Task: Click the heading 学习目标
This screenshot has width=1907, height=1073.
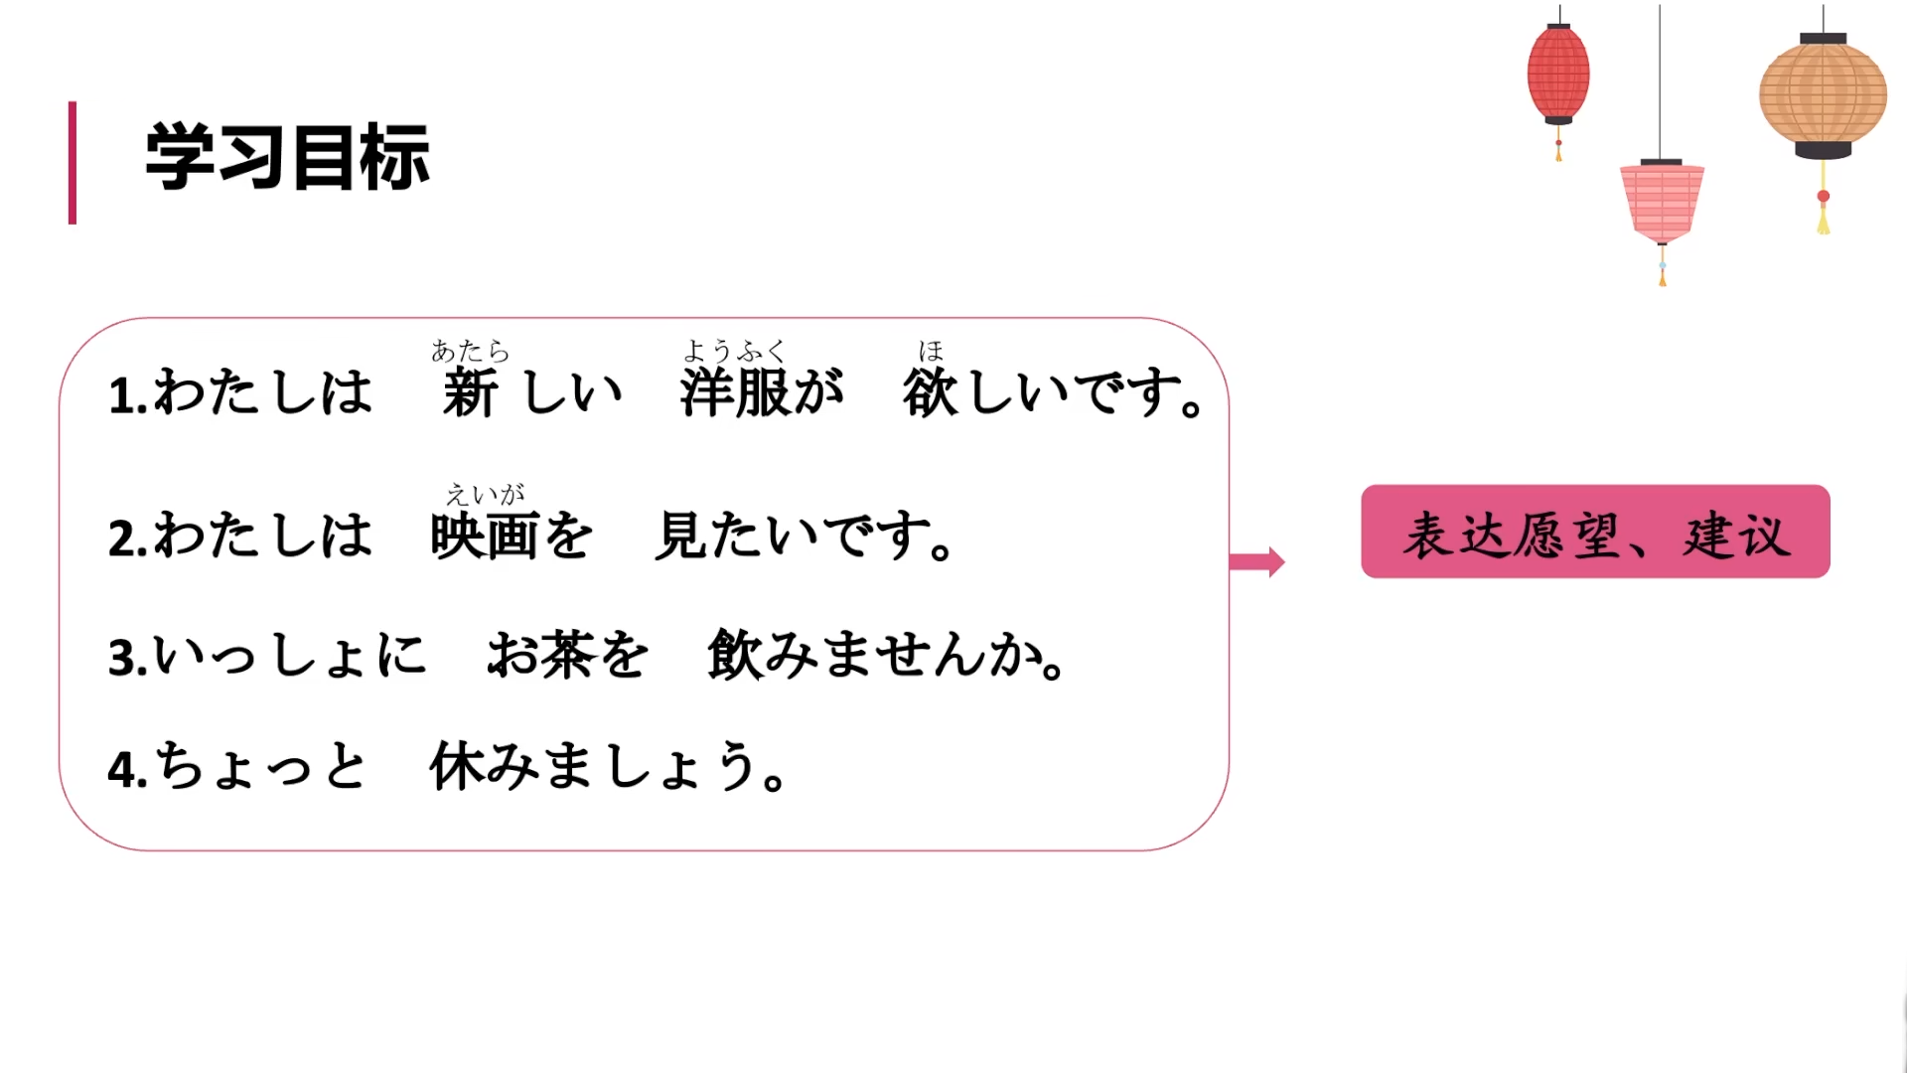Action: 287,157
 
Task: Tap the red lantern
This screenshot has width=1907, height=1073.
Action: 1557,75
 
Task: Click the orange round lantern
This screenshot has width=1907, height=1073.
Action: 1823,94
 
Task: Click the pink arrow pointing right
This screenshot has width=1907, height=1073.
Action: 1257,561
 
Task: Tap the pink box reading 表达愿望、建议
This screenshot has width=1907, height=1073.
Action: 1595,533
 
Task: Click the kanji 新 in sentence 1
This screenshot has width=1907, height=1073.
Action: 471,392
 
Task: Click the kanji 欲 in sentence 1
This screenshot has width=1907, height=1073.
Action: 931,392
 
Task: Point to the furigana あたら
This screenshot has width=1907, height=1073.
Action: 471,351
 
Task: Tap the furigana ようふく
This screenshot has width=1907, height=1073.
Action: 735,351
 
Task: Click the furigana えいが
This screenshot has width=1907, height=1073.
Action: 485,494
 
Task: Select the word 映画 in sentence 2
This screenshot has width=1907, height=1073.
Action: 485,536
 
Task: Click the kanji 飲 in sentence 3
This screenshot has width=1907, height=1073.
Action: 736,656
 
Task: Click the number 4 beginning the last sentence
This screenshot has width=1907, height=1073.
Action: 120,770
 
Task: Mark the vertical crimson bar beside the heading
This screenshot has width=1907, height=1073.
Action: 73,162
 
